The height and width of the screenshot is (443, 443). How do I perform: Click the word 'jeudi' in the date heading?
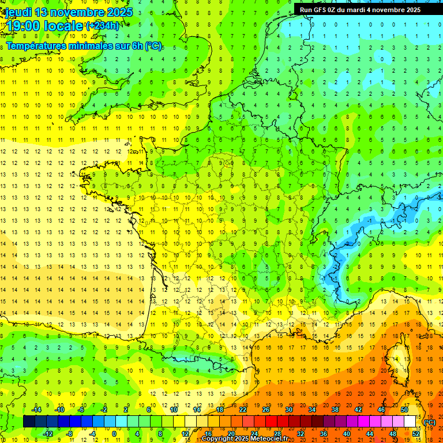pos(18,12)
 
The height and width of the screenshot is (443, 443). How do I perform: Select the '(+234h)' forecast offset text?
pos(103,25)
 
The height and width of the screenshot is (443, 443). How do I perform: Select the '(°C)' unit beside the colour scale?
pos(430,422)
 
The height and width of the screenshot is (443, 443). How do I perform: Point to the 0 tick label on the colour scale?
pos(114,434)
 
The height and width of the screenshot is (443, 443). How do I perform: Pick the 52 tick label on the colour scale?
pos(416,434)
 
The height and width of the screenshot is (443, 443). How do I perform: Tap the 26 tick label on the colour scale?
pos(266,410)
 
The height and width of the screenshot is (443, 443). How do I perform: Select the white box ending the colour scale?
pos(410,422)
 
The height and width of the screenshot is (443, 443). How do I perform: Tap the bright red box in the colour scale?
pos(272,422)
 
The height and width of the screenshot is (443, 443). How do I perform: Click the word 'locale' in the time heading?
pos(63,26)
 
